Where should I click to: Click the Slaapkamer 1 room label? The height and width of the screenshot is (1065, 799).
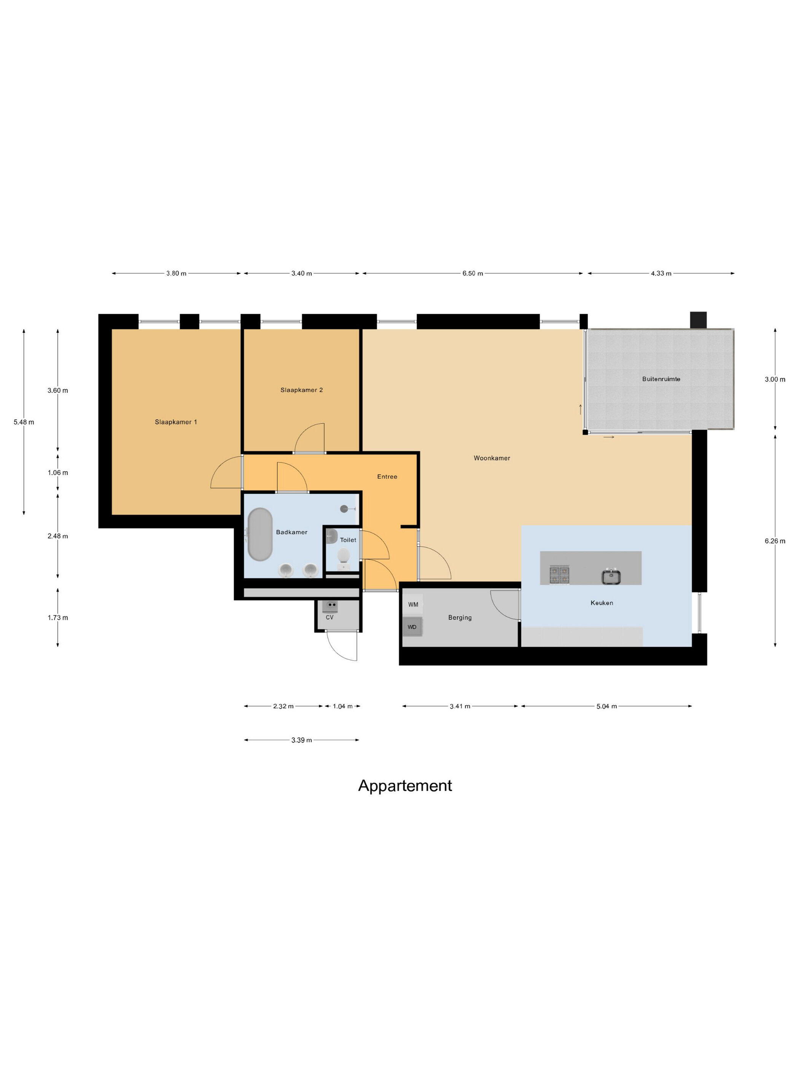point(176,422)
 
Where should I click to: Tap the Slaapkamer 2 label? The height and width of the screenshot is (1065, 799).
point(301,390)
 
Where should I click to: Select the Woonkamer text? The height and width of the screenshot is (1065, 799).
point(492,458)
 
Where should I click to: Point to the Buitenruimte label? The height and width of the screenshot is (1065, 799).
point(661,379)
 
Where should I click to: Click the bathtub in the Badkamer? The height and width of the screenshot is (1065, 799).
point(260,534)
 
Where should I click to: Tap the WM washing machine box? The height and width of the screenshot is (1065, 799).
point(413,604)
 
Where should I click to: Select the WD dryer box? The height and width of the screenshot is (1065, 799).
point(413,627)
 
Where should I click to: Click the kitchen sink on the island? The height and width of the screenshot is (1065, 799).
point(611,576)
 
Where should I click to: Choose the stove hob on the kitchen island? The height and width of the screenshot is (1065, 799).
point(559,575)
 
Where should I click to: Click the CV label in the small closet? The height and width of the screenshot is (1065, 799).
point(329,617)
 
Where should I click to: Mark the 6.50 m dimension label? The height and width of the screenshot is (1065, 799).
point(473,273)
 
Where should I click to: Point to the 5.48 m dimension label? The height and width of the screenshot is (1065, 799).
point(24,422)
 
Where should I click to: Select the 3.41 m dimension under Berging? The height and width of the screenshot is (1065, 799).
point(460,706)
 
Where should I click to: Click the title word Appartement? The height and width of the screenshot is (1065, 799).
point(405,786)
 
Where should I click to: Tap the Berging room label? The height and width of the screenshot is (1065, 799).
point(460,618)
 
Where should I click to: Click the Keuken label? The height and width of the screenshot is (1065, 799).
point(602,603)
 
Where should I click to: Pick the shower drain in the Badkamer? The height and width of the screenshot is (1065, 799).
point(344,509)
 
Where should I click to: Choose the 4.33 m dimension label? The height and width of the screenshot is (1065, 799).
point(661,273)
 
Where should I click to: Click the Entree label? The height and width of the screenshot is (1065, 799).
point(387,477)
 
